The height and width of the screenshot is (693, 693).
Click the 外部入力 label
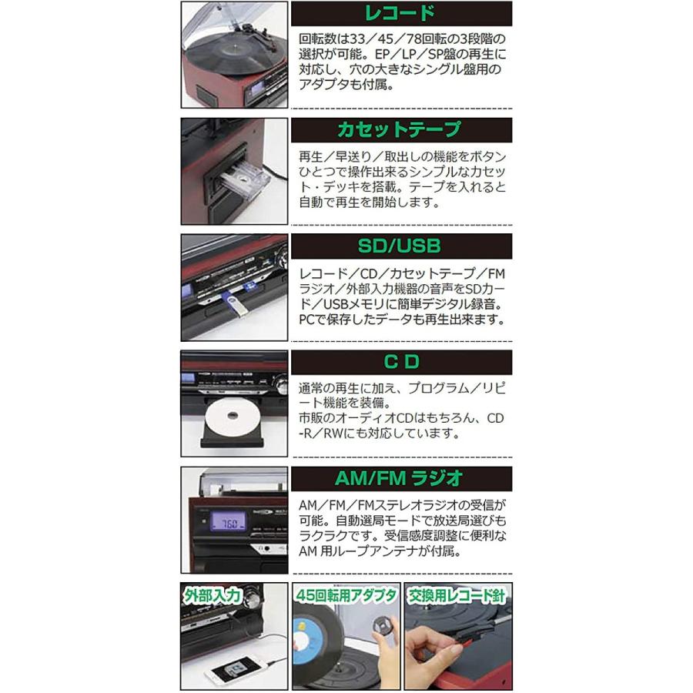click(x=213, y=595)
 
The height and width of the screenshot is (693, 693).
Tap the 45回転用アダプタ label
click(x=345, y=595)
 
